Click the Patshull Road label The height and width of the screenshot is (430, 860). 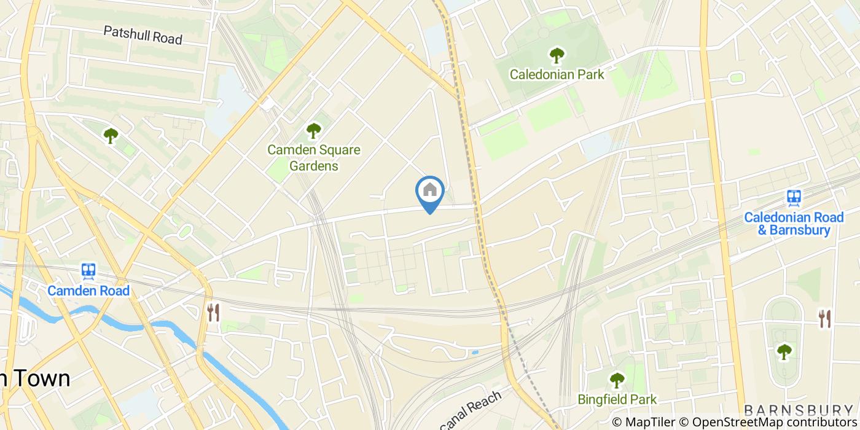(x=143, y=35)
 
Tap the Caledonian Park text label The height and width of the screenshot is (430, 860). (x=557, y=74)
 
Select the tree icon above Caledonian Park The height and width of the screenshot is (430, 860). (x=557, y=56)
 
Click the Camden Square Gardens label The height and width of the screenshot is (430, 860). (x=313, y=158)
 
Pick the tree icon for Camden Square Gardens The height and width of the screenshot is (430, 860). (x=313, y=131)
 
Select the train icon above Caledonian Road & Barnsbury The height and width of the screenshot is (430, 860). (x=794, y=198)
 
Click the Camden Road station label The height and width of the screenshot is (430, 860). (x=88, y=291)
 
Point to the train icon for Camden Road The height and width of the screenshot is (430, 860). (x=88, y=271)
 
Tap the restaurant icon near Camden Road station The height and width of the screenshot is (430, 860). (x=213, y=312)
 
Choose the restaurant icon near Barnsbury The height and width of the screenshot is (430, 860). (x=824, y=318)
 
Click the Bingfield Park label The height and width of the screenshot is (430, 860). (x=617, y=399)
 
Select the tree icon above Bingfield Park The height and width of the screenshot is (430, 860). (x=617, y=380)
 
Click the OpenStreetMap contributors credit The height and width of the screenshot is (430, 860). (x=768, y=422)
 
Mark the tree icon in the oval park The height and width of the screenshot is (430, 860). (x=784, y=352)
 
